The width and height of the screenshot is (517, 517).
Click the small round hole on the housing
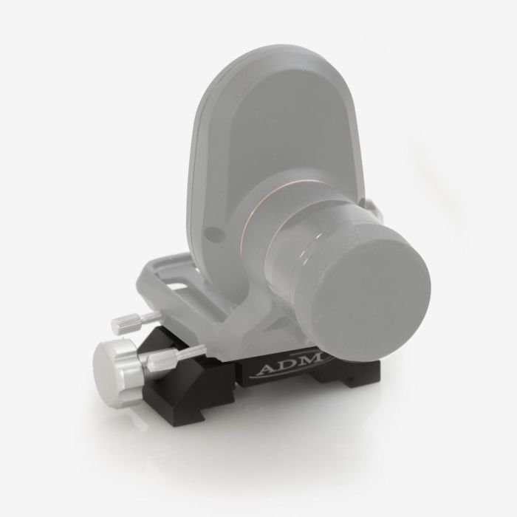(x=213, y=234)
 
